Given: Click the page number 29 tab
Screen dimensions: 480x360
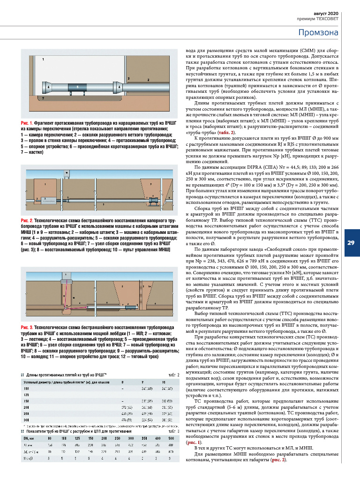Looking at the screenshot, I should point(351,242).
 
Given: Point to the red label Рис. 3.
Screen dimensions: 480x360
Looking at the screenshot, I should point(26,326).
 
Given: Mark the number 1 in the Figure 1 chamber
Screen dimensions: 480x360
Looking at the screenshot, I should point(43,60).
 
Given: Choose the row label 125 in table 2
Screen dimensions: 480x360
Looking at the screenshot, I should point(27,395).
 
